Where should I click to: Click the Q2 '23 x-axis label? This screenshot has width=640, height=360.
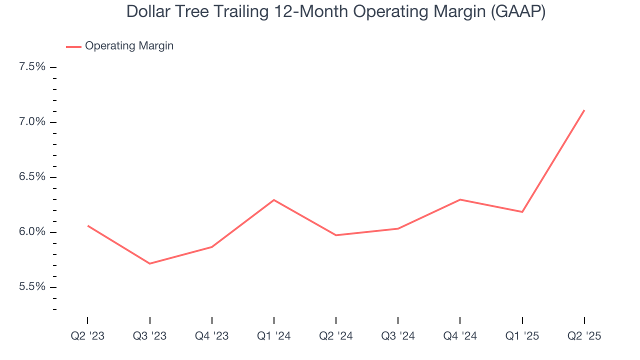pos(87,336)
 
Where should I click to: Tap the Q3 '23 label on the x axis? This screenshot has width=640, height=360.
pos(149,336)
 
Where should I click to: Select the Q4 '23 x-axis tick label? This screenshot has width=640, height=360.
pos(211,336)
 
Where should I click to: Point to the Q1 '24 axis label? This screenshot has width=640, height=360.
pos(273,336)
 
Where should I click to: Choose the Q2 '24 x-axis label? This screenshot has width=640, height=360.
pos(335,336)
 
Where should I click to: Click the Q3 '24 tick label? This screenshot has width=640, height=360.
pos(397,336)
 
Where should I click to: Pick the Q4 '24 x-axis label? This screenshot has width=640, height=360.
pos(459,336)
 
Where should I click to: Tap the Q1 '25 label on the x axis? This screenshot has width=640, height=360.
pos(522,336)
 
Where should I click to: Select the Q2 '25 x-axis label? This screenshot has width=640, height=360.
pos(584,336)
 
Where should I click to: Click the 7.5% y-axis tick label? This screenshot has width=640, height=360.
pos(32,67)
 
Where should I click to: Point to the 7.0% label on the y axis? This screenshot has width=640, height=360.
pos(32,122)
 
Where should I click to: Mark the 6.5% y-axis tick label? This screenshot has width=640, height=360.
pos(32,177)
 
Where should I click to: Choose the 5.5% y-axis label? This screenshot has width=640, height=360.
pos(32,287)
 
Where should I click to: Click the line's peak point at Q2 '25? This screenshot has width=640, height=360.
pos(584,110)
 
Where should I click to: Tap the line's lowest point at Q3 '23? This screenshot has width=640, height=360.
pos(149,263)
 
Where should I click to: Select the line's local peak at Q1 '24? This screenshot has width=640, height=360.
pos(274,200)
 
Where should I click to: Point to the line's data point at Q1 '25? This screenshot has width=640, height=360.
pos(522,212)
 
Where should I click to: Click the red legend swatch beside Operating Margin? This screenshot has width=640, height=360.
pos(73,46)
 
